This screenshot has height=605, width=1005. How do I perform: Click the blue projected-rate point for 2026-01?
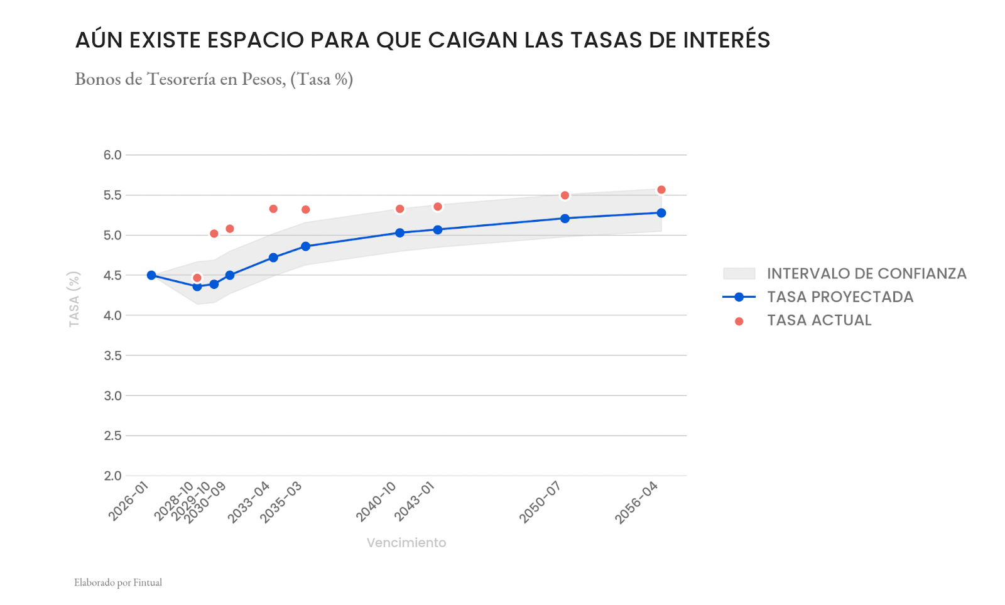click(151, 275)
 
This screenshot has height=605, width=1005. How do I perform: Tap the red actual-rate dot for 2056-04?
click(661, 190)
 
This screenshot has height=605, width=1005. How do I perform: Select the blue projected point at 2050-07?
click(565, 219)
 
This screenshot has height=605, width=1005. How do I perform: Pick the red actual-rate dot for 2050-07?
click(565, 195)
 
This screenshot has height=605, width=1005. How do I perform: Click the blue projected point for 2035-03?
click(305, 246)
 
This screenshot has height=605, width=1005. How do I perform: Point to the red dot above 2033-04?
click(273, 209)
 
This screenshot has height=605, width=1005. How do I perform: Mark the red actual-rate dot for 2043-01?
click(438, 207)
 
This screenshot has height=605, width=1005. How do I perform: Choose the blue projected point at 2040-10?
click(399, 232)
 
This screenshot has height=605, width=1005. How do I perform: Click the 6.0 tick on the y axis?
click(112, 155)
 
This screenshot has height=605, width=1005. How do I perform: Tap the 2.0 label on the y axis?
click(112, 476)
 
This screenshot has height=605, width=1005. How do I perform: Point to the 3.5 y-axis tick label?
click(112, 356)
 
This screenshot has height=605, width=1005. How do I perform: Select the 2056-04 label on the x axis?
click(637, 502)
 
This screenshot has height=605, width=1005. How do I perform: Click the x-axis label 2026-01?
click(128, 501)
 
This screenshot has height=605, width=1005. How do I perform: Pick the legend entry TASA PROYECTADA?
click(840, 297)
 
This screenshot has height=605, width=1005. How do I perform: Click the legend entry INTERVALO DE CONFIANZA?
click(866, 273)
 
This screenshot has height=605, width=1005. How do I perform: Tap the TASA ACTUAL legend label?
click(819, 320)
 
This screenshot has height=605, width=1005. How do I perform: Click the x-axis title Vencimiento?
click(406, 543)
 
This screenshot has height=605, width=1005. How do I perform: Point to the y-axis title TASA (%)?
click(74, 299)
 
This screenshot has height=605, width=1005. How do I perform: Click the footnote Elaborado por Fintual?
click(118, 582)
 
